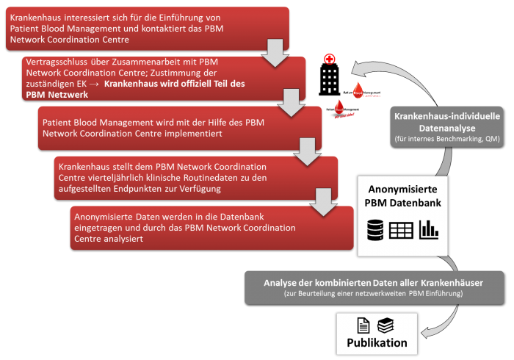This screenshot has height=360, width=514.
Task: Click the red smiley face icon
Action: coord(330,58)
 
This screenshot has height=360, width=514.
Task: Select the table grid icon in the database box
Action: coord(401,229)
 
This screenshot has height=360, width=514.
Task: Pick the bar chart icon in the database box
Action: coord(427,229)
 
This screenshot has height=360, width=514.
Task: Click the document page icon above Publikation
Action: coord(363,325)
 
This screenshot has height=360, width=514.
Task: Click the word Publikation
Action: coord(377,342)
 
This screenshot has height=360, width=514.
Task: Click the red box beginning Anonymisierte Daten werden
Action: coord(213,227)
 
